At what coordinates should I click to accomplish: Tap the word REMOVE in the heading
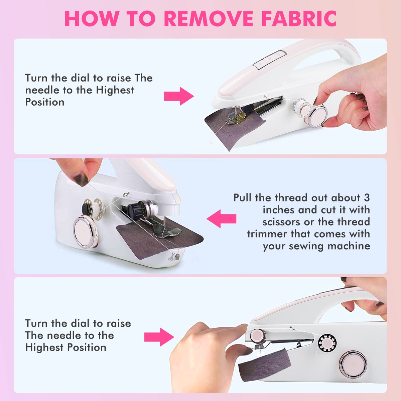pyautogui.click(x=209, y=19)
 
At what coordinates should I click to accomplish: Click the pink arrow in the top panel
pyautogui.click(x=179, y=96)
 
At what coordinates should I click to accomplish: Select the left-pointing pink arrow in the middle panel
pyautogui.click(x=222, y=219)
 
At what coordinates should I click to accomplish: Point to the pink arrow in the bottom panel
pyautogui.click(x=159, y=337)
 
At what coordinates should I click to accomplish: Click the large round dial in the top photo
pyautogui.click(x=318, y=116)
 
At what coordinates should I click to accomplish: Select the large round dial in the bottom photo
pyautogui.click(x=354, y=364)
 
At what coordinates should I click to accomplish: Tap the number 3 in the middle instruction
pyautogui.click(x=367, y=197)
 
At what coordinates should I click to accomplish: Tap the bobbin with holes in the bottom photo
pyautogui.click(x=327, y=343)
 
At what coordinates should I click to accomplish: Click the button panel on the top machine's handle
pyautogui.click(x=269, y=59)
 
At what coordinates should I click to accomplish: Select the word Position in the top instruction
pyautogui.click(x=45, y=102)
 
